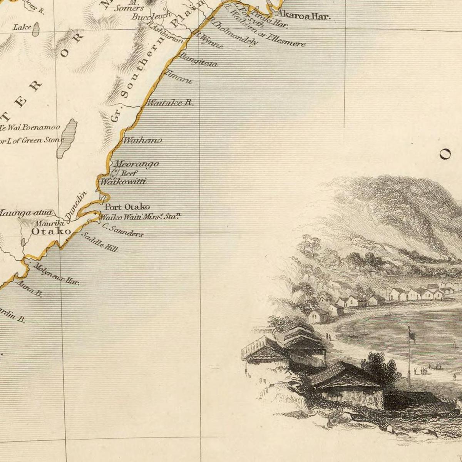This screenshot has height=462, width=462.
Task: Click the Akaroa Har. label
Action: coord(304,16)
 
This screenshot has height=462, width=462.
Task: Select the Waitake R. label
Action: coord(171,103)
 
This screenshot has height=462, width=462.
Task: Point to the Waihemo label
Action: coord(142,141)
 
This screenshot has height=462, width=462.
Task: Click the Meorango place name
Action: coord(137,164)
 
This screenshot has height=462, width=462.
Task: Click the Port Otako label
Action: coord(127,207)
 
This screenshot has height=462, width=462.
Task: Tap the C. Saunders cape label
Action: coord(123,231)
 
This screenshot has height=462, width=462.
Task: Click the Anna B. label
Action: coord(29,289)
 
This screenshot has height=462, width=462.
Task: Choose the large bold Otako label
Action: coord(51,231)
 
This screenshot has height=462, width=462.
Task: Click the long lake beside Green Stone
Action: coord(67,139)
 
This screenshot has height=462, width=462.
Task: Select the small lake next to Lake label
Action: coord(36,29)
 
